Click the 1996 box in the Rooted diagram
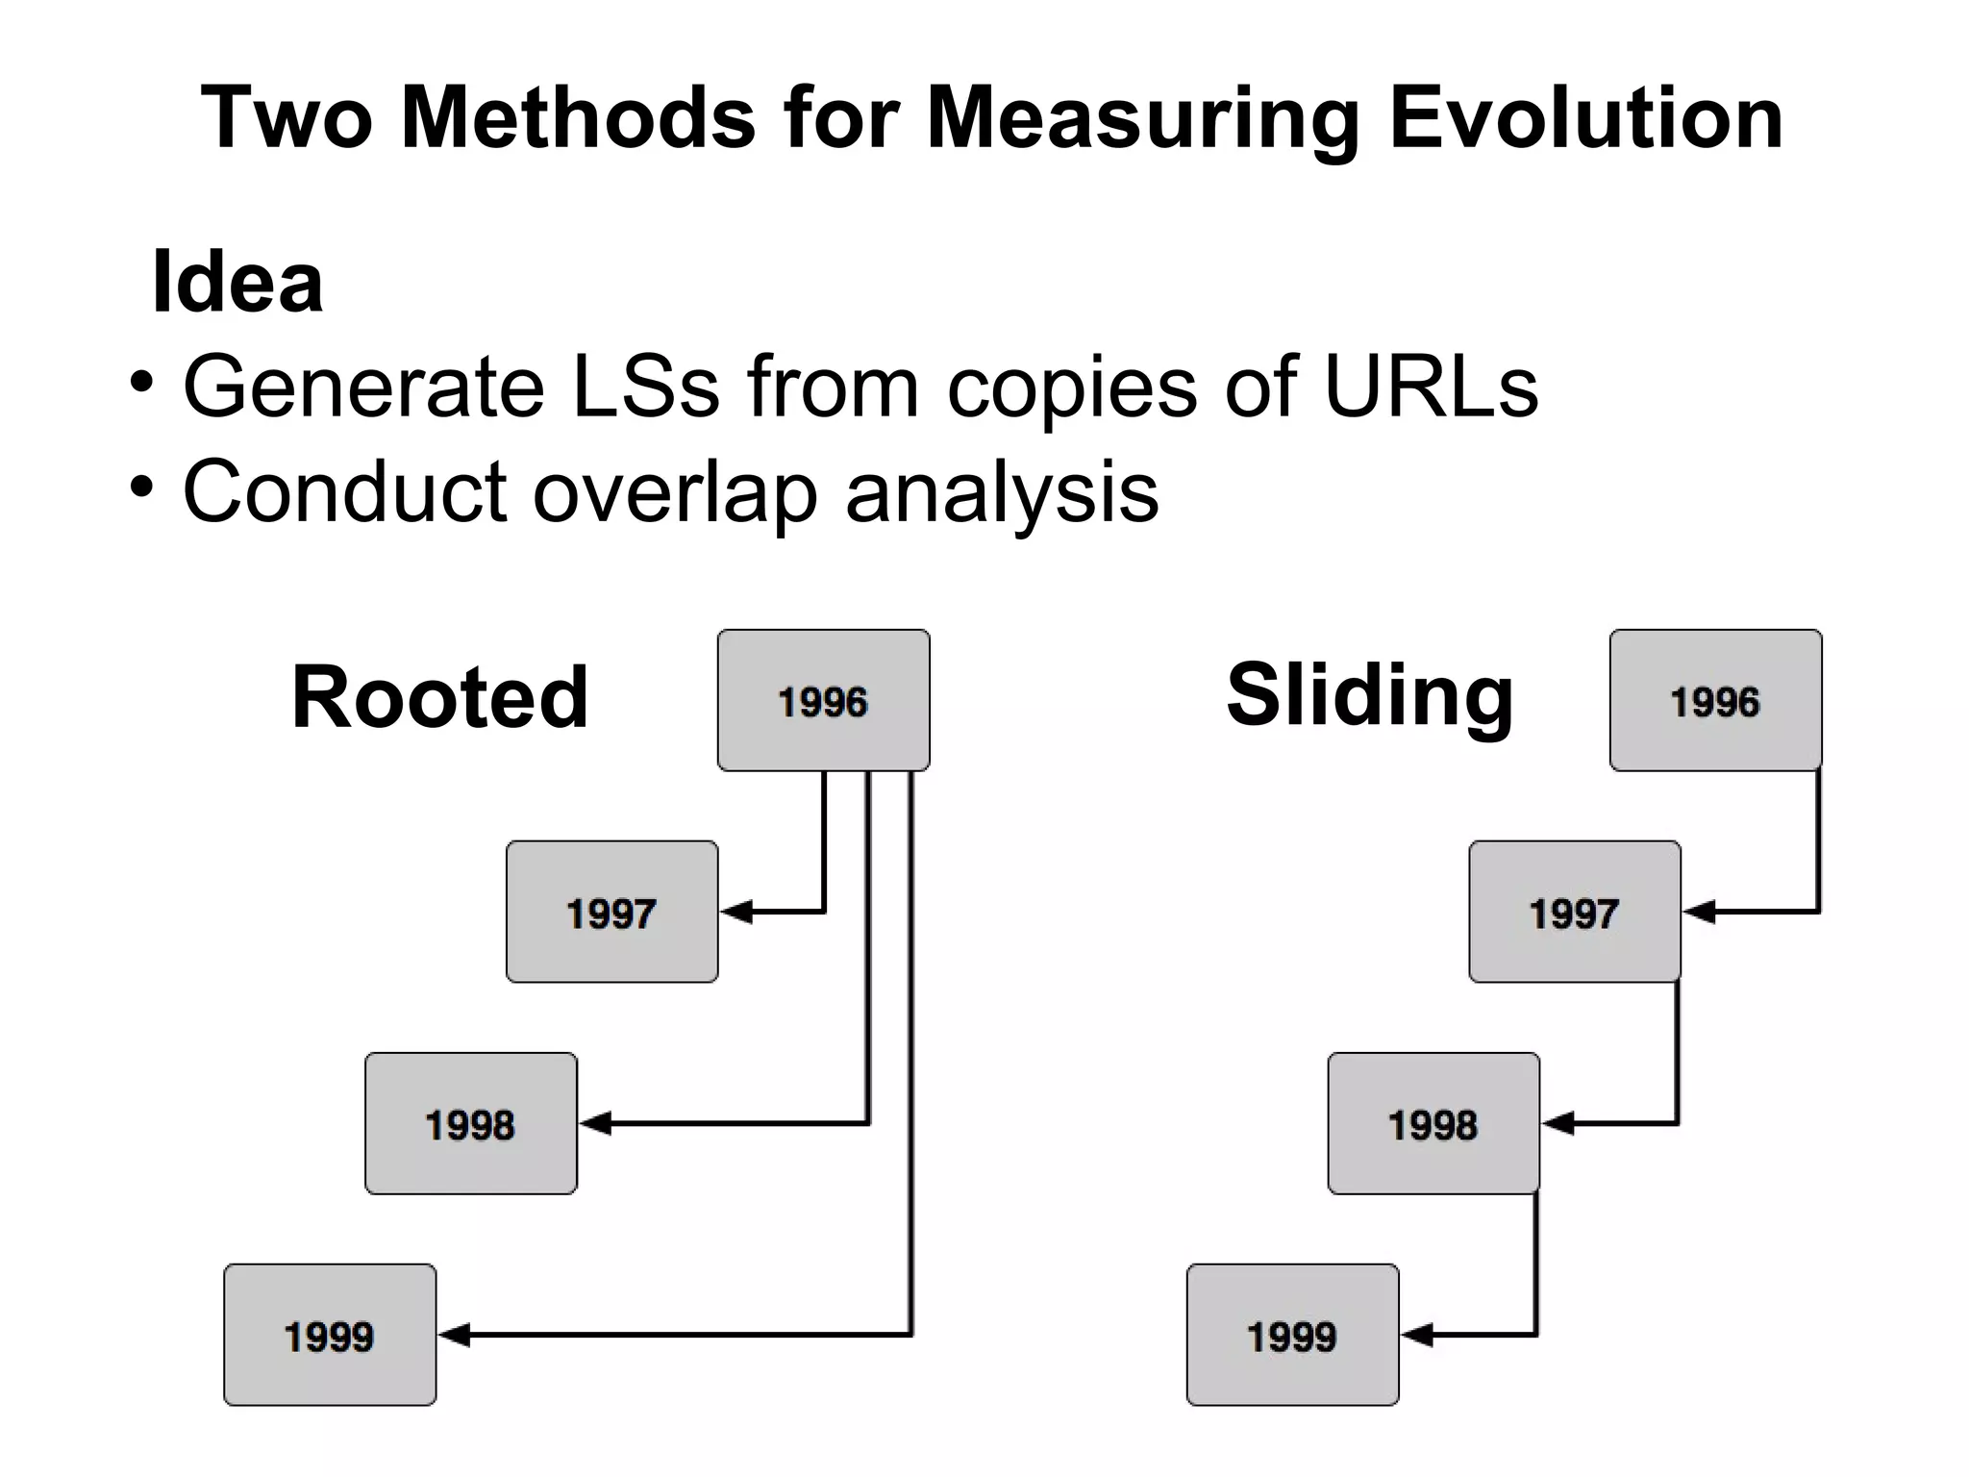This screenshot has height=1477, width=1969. (823, 700)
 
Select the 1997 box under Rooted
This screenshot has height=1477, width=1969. (611, 912)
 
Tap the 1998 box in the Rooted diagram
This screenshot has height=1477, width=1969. (471, 1123)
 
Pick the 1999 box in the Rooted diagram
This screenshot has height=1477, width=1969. (330, 1335)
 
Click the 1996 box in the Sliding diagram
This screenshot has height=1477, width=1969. (1715, 700)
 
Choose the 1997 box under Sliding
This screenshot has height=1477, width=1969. (1575, 912)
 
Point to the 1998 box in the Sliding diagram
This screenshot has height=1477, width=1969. (1433, 1123)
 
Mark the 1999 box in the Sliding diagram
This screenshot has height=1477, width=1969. (1292, 1335)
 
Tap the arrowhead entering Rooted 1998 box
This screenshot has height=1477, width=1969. (596, 1122)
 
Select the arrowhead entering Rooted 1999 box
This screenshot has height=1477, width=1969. (455, 1334)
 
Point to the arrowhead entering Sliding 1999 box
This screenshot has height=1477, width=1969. (1417, 1334)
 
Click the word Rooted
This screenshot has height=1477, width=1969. (439, 697)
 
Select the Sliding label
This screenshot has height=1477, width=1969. (1370, 697)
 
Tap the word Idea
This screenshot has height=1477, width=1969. (237, 282)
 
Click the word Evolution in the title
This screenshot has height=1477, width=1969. (1586, 118)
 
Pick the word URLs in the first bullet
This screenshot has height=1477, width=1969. (1431, 387)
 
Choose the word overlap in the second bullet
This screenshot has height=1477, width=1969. (674, 492)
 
